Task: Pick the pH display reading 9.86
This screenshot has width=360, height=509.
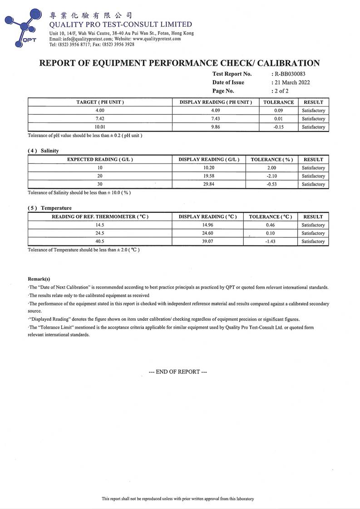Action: pyautogui.click(x=212, y=127)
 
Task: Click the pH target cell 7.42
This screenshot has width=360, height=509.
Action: pyautogui.click(x=100, y=119)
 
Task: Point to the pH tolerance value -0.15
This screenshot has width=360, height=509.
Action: pyautogui.click(x=279, y=127)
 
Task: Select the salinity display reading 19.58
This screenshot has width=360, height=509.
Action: pyautogui.click(x=209, y=176)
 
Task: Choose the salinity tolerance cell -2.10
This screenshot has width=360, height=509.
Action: pyautogui.click(x=271, y=176)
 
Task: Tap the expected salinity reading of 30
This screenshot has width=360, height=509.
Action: pyautogui.click(x=100, y=184)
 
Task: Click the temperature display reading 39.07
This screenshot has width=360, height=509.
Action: pyautogui.click(x=208, y=242)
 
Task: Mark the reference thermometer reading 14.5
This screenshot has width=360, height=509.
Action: pyautogui.click(x=100, y=225)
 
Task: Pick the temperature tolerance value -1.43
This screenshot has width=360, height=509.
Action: pyautogui.click(x=270, y=242)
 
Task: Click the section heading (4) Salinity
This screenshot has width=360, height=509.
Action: pyautogui.click(x=44, y=151)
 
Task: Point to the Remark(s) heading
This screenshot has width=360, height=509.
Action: pyautogui.click(x=39, y=279)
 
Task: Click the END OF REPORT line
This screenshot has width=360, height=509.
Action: pyautogui.click(x=178, y=372)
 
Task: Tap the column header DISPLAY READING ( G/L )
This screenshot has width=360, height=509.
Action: pyautogui.click(x=209, y=160)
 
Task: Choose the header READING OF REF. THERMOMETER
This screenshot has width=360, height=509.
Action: pyautogui.click(x=100, y=217)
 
